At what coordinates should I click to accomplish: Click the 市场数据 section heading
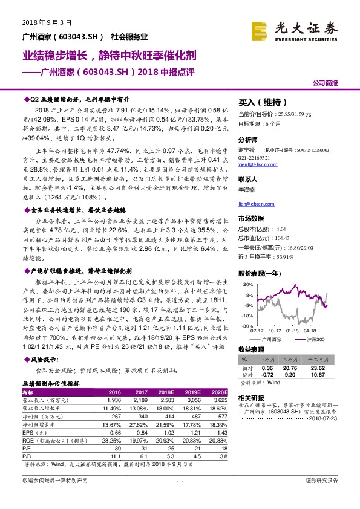tap(251, 218)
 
